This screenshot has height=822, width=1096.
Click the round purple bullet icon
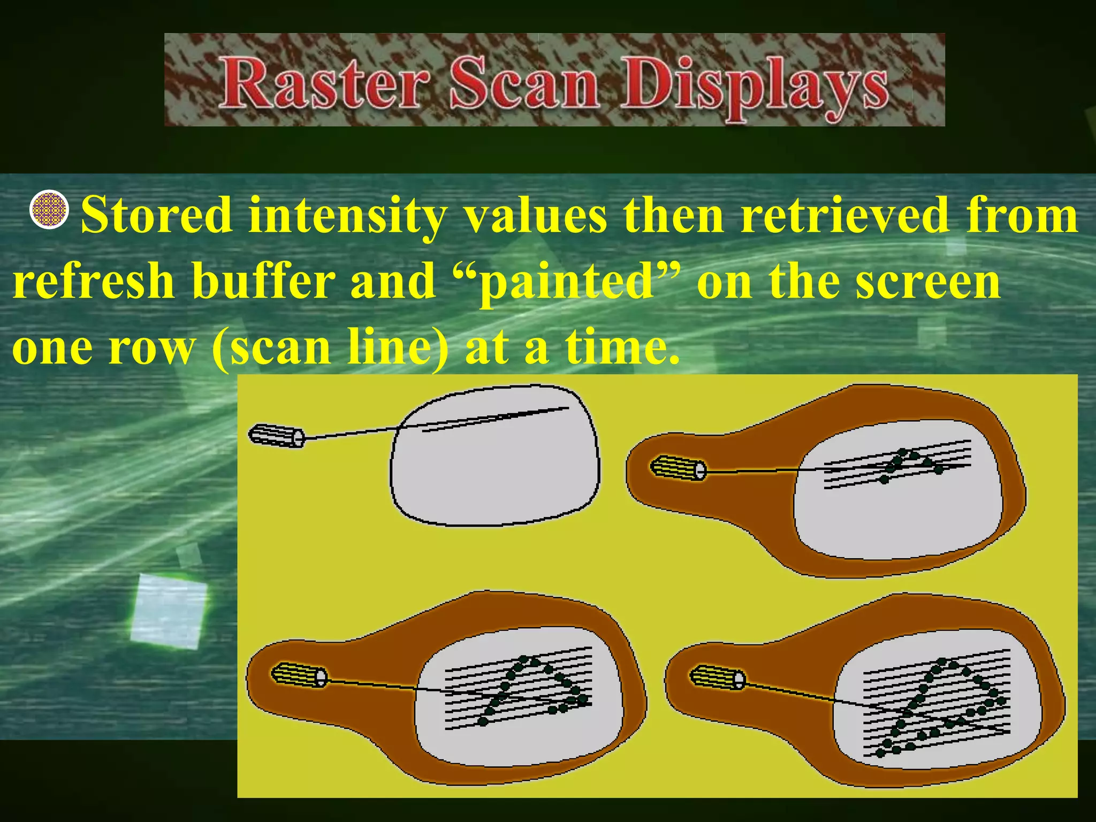49,209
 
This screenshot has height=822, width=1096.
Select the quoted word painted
567,282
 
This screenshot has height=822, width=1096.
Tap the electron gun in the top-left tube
276,436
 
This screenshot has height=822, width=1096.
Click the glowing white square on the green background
169,611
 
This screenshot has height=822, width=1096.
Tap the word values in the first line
535,215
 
